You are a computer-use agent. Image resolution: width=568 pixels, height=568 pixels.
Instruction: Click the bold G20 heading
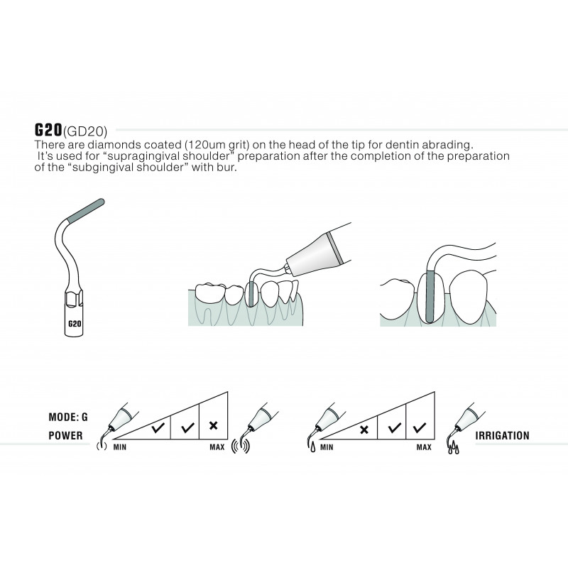point(48,130)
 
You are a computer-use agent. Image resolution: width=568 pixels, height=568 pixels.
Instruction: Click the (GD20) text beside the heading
point(85,131)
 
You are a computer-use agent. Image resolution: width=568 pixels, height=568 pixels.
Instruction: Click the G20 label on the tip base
point(75,323)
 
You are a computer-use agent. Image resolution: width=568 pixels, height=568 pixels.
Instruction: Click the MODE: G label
point(68,417)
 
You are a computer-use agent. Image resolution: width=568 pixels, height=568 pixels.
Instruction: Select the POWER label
point(65,435)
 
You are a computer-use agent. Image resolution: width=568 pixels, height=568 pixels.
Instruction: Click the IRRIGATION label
point(502,435)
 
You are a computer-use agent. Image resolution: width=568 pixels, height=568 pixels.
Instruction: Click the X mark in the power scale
point(214,425)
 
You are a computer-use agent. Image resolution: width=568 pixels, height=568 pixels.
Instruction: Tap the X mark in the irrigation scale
point(364,430)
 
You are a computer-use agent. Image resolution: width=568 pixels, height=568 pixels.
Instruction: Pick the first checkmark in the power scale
point(158,428)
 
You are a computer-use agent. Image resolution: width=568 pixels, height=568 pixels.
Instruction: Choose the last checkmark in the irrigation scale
point(420,428)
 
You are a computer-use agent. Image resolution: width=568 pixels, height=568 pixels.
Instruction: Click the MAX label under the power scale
point(217,447)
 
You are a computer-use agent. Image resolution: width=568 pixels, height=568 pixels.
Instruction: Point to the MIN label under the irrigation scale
point(327,447)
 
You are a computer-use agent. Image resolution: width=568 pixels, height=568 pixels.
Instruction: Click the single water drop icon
point(312,449)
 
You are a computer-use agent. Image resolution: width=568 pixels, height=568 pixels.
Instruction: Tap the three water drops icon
point(453,449)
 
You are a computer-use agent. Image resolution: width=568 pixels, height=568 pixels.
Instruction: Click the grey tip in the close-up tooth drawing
point(430,295)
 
